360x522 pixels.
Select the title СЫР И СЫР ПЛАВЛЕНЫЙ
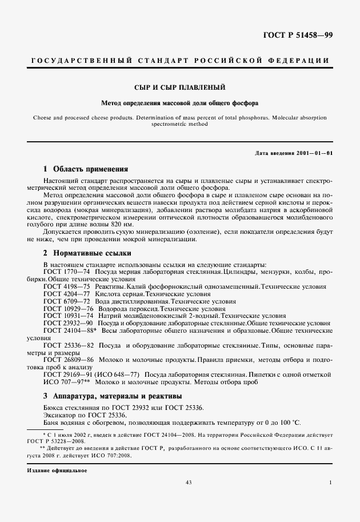click(179, 87)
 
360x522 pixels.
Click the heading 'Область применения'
click(90, 169)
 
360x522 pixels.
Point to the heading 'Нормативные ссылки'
click(91, 252)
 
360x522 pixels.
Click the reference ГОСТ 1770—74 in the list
click(62, 272)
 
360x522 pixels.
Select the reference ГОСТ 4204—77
click(62, 293)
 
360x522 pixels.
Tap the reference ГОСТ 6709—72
click(62, 300)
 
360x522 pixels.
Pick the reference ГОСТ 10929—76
click(64, 308)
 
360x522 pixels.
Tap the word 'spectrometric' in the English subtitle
click(168, 123)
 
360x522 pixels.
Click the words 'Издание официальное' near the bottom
click(56, 470)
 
